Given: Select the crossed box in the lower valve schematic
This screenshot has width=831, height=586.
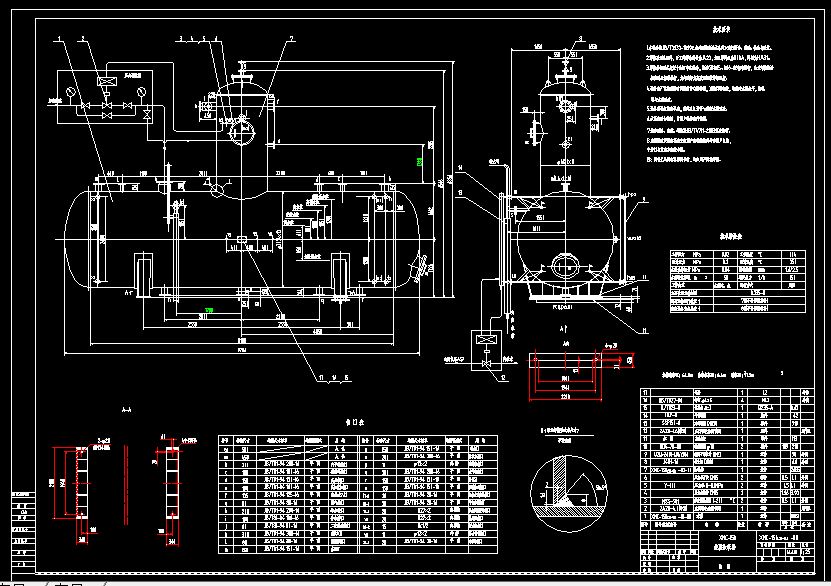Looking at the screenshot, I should click(x=487, y=343).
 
